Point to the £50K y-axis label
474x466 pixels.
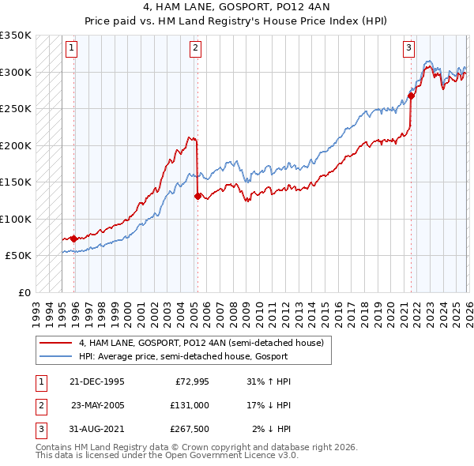coord(18,256)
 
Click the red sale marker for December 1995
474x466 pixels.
coord(74,239)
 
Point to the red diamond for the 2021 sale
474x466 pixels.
coord(411,96)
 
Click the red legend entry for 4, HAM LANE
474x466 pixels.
coord(201,343)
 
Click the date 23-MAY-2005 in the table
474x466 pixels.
coord(98,405)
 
